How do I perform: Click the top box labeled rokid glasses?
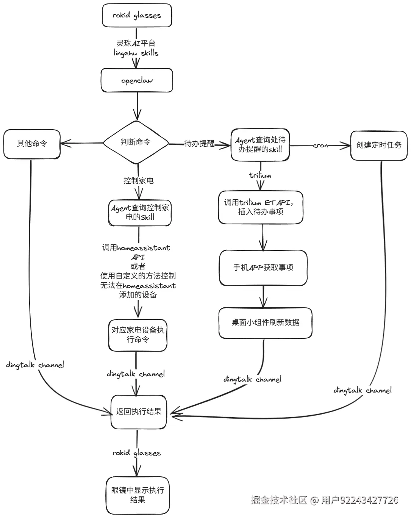(x=137, y=16)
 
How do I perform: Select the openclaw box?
(x=137, y=80)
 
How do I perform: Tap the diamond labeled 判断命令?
(x=136, y=142)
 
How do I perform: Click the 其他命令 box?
(x=32, y=144)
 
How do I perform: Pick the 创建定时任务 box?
(x=379, y=146)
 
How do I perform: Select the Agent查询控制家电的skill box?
(x=140, y=213)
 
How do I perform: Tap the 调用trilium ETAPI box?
(x=261, y=207)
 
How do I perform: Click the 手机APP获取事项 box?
(x=263, y=268)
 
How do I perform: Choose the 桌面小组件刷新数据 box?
(x=265, y=323)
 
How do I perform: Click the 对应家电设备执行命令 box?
(x=138, y=335)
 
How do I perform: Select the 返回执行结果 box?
(x=139, y=412)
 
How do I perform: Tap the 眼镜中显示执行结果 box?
(x=138, y=495)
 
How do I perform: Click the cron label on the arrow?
(x=320, y=146)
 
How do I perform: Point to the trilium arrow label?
(x=260, y=175)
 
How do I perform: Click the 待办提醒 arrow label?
(x=199, y=144)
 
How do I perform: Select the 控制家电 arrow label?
(x=138, y=181)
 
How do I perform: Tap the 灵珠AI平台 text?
(x=136, y=43)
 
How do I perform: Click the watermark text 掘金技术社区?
(x=279, y=500)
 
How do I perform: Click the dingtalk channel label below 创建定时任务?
(x=363, y=390)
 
